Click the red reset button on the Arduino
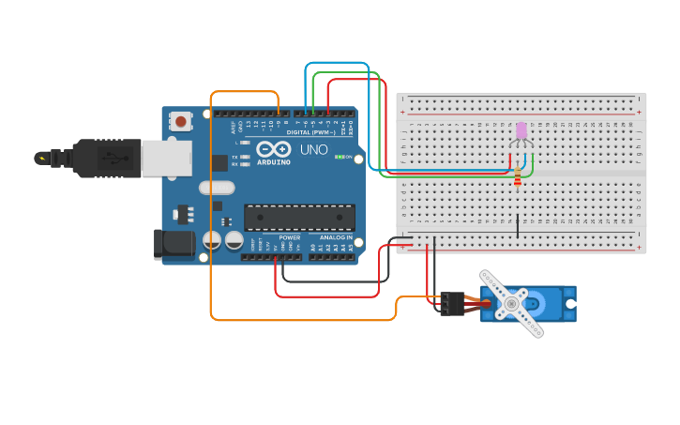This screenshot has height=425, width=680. click(x=180, y=120)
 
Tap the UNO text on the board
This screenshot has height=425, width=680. click(x=313, y=149)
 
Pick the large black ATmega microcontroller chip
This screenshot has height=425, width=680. click(x=299, y=218)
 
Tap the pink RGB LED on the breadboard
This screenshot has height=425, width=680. click(x=521, y=130)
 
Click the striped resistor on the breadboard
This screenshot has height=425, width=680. click(x=518, y=174)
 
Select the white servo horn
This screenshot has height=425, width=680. click(x=511, y=303)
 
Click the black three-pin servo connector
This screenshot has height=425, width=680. click(x=452, y=303)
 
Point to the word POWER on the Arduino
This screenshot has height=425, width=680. click(x=289, y=238)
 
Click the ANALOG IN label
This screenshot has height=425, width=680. click(x=336, y=238)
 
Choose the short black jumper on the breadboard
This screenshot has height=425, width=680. click(x=518, y=225)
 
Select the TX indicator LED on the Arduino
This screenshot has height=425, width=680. click(x=246, y=157)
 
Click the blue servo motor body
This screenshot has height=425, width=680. click(x=553, y=304)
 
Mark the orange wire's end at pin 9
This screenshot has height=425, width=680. click(x=279, y=115)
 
